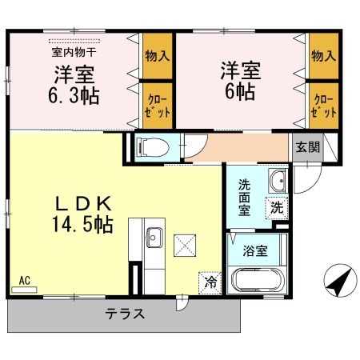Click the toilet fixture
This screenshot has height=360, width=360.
tap(153, 147)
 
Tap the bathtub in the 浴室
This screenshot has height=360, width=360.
tap(258, 280)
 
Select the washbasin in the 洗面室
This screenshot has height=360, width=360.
tap(278, 181)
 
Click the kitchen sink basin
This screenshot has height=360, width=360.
tap(154, 238)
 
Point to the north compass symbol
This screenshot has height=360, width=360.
tap(341, 280)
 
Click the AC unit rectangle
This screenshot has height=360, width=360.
tap(24, 290)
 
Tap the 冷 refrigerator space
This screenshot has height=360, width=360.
tap(210, 283)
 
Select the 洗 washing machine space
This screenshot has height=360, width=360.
tap(277, 208)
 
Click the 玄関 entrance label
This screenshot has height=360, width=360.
tap(308, 147)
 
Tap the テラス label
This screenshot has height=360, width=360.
tap(125, 314)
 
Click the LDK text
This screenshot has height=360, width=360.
tap(83, 204)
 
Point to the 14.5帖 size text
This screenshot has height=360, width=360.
tap(83, 225)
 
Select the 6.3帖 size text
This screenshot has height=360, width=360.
tap(74, 95)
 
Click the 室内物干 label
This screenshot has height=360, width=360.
tap(74, 52)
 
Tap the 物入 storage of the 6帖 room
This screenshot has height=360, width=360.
tap(324, 56)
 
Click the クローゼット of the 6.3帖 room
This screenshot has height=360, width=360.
tap(158, 106)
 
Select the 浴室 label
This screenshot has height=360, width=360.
tap(255, 251)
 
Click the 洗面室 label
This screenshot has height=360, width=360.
tap(244, 198)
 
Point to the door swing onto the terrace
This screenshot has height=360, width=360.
tap(182, 302)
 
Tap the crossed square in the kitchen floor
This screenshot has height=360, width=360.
tap(185, 246)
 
